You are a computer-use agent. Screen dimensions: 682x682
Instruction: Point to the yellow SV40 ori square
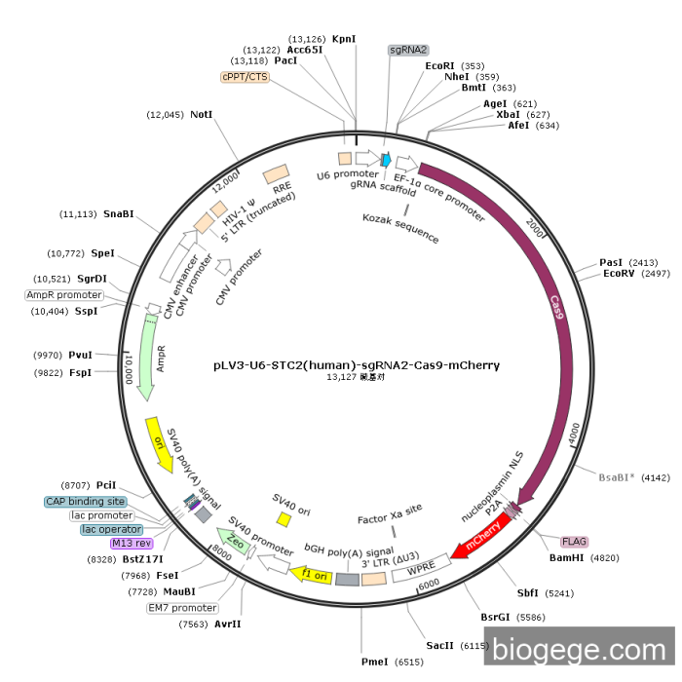pos(284,519)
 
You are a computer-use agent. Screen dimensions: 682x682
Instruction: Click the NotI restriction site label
pos(202,114)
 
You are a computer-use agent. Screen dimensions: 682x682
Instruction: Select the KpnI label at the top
pos(344,39)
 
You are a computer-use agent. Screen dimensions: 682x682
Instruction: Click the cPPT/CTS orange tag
pos(246,76)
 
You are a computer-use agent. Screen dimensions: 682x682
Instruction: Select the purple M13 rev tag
pos(132,543)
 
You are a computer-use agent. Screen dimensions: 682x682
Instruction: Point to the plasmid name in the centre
pos(357,365)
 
